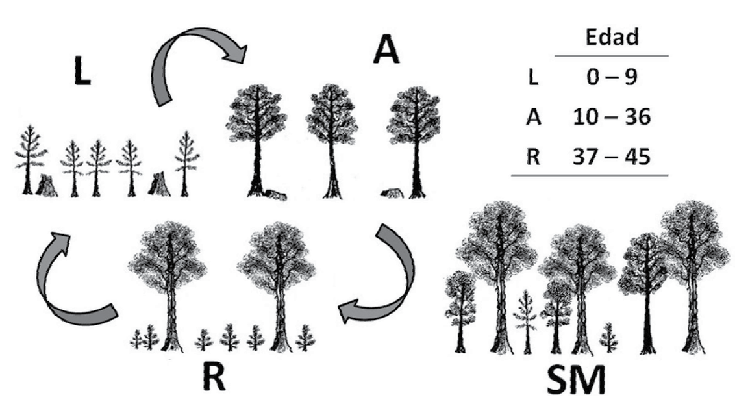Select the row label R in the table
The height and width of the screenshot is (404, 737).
(x=532, y=157)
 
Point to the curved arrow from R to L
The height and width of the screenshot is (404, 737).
(x=71, y=279)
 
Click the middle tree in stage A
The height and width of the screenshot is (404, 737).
(x=332, y=136)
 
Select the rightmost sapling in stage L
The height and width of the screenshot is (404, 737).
(x=186, y=162)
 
